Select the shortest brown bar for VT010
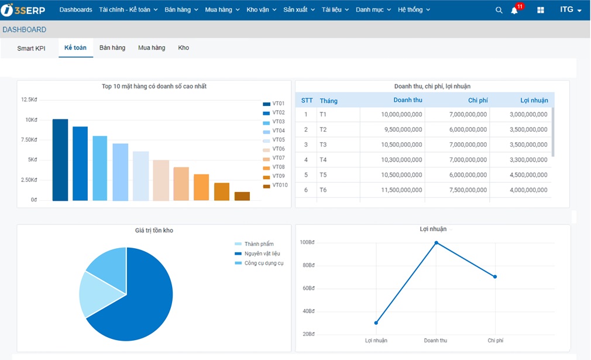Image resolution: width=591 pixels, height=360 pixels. tap(242, 196)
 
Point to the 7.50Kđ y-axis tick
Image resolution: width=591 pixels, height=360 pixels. tap(29, 140)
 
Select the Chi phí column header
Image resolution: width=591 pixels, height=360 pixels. tap(477, 100)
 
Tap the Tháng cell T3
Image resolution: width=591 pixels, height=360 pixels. tap(324, 145)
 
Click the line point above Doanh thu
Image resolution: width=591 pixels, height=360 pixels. tap(436, 242)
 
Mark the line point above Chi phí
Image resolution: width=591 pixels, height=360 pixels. tap(495, 277)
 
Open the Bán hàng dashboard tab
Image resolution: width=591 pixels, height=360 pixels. tap(112, 48)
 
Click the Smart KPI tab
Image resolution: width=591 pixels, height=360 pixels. tap(31, 49)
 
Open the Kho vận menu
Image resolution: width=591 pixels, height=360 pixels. tap(261, 10)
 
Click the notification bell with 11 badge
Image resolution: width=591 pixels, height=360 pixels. tap(514, 11)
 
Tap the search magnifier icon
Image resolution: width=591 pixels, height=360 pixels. tap(499, 10)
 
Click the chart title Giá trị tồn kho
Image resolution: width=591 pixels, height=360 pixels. tap(154, 231)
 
